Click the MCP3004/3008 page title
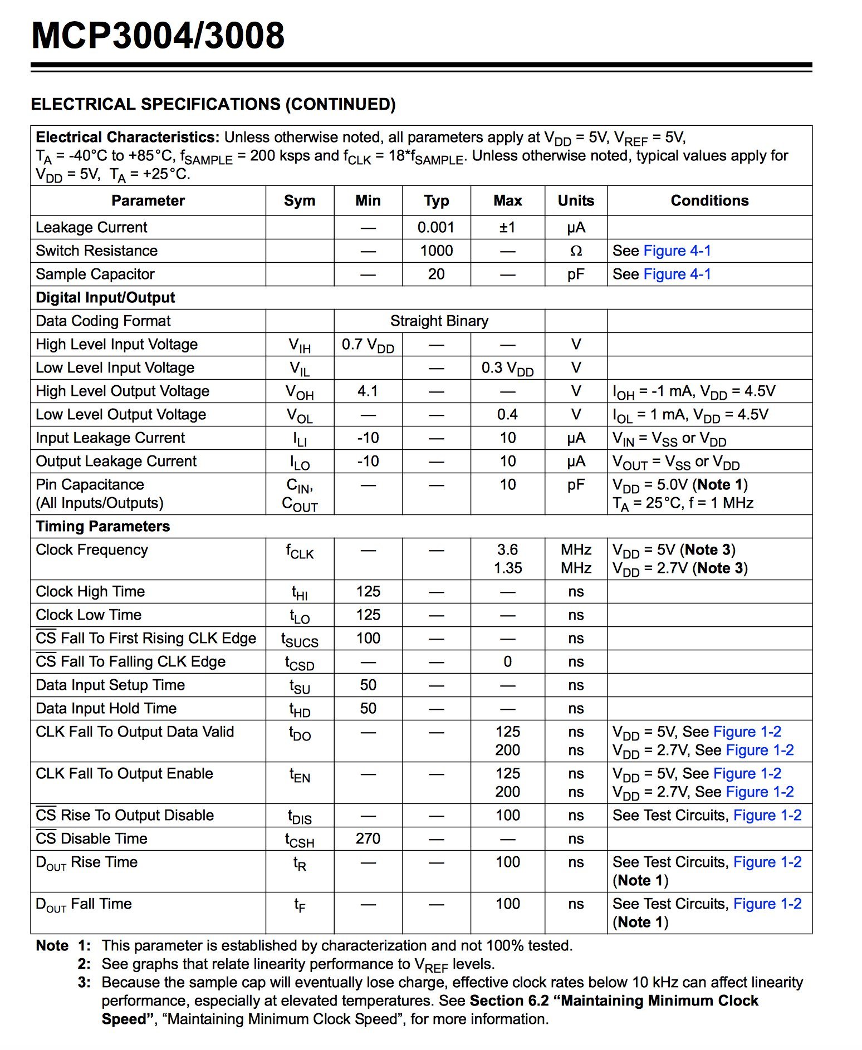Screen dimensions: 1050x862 click(158, 36)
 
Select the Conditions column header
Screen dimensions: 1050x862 click(709, 200)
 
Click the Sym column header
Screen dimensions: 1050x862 click(300, 200)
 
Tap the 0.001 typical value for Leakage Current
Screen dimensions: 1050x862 click(436, 227)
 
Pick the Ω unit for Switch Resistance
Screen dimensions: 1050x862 click(576, 251)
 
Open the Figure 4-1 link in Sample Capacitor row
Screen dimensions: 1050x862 click(677, 274)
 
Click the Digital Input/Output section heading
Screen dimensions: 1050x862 click(105, 297)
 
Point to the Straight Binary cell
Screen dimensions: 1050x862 click(439, 321)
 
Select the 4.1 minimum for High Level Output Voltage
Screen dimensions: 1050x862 click(368, 391)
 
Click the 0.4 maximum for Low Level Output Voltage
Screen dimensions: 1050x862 click(507, 414)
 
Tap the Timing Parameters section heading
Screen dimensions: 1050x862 click(103, 526)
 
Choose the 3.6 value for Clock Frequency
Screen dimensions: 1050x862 click(507, 549)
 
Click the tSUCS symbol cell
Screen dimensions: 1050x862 click(300, 640)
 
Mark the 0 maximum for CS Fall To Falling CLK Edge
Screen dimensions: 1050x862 click(507, 661)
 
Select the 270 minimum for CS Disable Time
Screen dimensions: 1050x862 click(368, 838)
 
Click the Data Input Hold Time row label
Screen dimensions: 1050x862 click(106, 708)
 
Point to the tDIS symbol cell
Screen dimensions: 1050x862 click(300, 817)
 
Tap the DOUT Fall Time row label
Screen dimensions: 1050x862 click(84, 904)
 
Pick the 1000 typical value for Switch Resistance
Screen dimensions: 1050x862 click(436, 251)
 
